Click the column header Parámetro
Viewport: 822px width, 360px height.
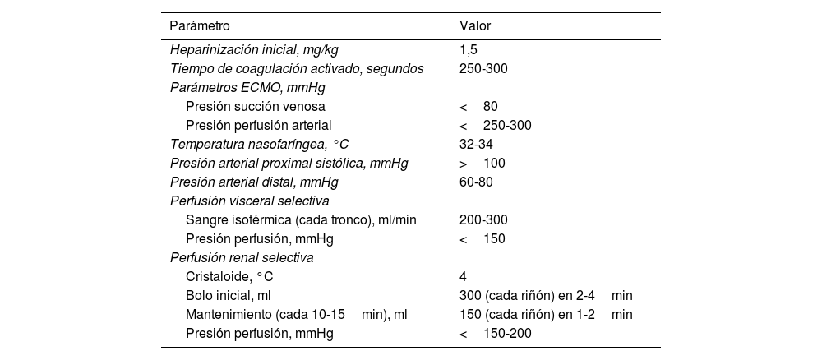pos(199,26)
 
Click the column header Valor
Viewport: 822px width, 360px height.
pos(475,26)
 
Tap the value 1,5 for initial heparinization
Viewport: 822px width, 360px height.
pos(469,50)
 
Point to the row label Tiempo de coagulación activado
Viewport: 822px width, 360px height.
pos(296,69)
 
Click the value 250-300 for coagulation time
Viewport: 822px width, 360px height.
pos(483,69)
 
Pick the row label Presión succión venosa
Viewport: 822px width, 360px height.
pos(256,107)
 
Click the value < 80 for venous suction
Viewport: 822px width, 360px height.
pos(478,107)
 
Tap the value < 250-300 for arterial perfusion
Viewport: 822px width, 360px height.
pos(496,126)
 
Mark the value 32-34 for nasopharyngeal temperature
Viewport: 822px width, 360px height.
pos(476,145)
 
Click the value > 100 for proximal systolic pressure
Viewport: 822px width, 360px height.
pos(483,164)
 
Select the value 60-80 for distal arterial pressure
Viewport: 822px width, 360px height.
pos(476,182)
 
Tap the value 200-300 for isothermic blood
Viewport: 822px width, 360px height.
pos(483,220)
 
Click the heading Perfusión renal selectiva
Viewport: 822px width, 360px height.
pos(241,258)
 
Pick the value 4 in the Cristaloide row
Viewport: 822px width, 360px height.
pos(463,277)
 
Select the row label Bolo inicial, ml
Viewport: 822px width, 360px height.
pos(229,296)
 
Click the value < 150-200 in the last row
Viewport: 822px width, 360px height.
pos(496,334)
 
